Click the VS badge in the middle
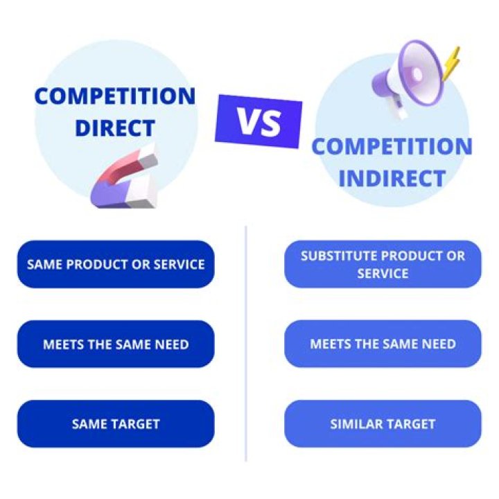tap(259, 121)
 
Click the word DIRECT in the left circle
tap(114, 128)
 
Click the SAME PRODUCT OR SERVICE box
tap(116, 264)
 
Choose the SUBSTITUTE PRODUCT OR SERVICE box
tap(383, 264)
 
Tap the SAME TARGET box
tap(116, 423)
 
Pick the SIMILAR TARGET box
tap(383, 423)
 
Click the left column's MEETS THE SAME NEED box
tap(116, 344)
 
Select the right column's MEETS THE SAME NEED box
tap(383, 344)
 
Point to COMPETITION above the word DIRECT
tap(114, 96)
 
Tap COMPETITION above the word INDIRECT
tap(392, 147)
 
